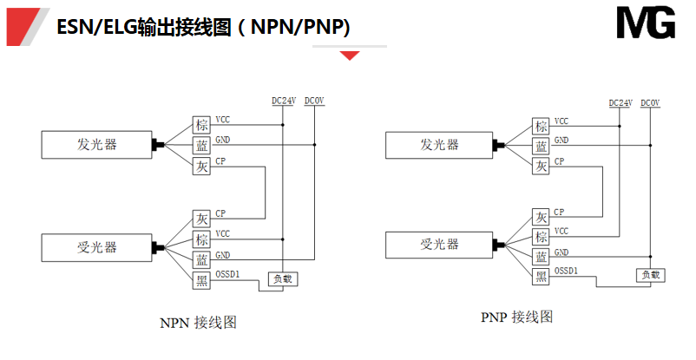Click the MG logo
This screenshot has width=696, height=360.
(x=645, y=24)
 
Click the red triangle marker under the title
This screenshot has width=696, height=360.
(x=350, y=56)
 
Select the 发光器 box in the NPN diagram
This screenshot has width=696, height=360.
(x=97, y=145)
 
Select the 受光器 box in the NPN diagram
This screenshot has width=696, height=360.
(x=97, y=247)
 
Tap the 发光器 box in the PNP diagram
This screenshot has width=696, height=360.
(x=439, y=145)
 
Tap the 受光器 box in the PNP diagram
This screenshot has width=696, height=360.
(x=439, y=245)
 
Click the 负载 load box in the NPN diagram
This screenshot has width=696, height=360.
(x=283, y=278)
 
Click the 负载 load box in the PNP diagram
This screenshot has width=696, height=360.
(x=650, y=274)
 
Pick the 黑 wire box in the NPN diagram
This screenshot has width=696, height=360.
(x=201, y=278)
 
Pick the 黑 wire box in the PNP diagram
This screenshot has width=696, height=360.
(x=542, y=277)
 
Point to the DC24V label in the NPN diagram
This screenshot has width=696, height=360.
(x=284, y=101)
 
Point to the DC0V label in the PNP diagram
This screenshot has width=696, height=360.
(x=650, y=103)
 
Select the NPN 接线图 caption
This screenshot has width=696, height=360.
(x=199, y=322)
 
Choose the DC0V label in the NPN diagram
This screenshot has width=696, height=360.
(x=314, y=101)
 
